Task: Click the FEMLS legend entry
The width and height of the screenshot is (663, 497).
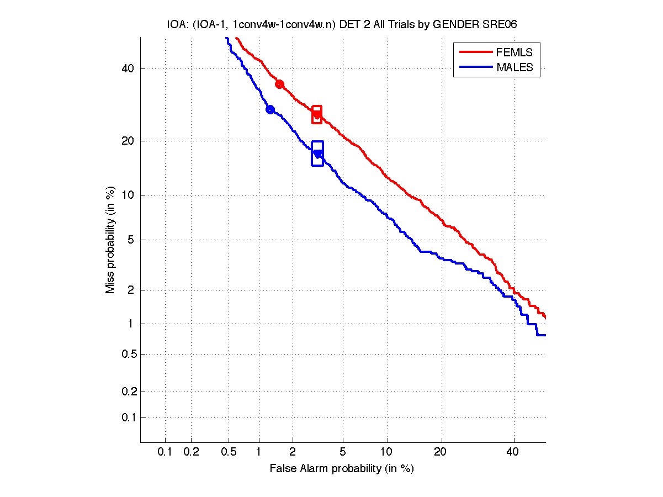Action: coord(515,52)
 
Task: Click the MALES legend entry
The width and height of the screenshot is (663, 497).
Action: coord(515,67)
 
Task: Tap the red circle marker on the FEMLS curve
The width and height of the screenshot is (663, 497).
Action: coord(280,84)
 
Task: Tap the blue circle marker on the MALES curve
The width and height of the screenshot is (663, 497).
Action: coord(270,109)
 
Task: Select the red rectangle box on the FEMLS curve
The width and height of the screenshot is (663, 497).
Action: coord(317,115)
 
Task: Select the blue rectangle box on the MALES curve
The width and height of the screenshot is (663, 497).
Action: coord(317,154)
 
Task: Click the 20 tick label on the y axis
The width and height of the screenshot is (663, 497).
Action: coord(128,141)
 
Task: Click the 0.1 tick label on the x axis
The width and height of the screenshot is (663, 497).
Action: coord(165,452)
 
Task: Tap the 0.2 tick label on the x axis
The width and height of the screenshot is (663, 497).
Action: coord(191,452)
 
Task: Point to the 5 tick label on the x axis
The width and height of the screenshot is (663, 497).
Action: coord(343,452)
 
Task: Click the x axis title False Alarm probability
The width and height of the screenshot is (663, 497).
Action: coord(342,469)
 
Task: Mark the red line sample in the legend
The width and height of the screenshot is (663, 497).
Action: coord(475,52)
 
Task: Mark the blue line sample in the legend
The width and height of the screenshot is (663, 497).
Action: coord(475,67)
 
